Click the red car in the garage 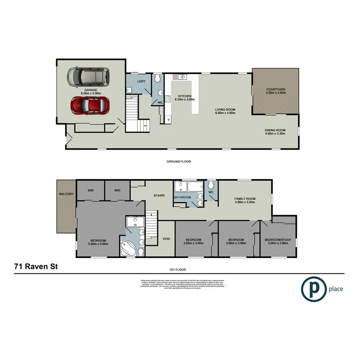(90, 105)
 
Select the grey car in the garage (88, 77)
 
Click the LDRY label (141, 81)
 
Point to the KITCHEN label (185, 96)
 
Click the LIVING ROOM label (225, 110)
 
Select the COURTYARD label (275, 90)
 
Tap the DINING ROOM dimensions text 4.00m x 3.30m (275, 134)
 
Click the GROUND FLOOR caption (179, 161)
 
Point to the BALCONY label (66, 194)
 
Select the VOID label (166, 239)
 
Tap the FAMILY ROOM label (245, 199)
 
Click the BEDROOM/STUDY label (278, 239)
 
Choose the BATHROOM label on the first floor (182, 197)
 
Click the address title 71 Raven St (36, 266)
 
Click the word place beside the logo (336, 289)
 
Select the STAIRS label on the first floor (159, 195)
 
